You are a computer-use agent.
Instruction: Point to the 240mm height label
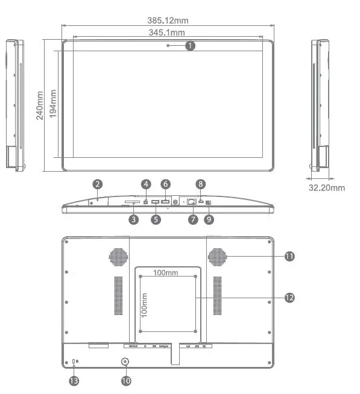[40, 105]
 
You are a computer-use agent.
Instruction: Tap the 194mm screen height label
[53, 104]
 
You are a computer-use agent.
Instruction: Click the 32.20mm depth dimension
[326, 187]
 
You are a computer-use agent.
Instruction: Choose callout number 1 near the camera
[191, 45]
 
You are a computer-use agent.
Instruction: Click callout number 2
[98, 184]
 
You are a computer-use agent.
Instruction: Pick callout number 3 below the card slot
[134, 220]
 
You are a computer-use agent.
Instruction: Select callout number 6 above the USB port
[166, 184]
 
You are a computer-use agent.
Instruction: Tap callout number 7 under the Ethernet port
[193, 220]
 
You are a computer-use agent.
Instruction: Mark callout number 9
[209, 220]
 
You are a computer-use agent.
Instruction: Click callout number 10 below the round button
[126, 380]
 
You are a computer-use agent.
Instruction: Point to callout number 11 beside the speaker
[289, 256]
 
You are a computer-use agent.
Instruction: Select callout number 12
[289, 297]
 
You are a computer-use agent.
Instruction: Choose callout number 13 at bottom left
[74, 380]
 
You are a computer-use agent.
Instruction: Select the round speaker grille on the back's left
[119, 256]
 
